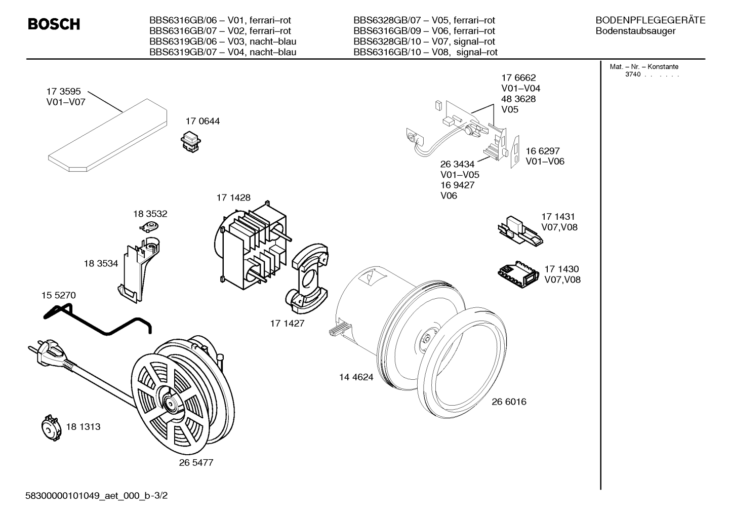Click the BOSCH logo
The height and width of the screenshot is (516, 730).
[54, 24]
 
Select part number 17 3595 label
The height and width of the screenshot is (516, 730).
[63, 91]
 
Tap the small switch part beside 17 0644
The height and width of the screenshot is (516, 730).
[191, 141]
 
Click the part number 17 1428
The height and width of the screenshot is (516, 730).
[233, 197]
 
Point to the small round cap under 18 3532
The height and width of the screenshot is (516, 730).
[149, 225]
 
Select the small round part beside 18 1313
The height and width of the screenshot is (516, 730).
[51, 428]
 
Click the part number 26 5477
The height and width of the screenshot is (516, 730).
[196, 462]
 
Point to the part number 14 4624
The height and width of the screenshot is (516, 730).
[356, 377]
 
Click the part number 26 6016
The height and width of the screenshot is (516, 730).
[509, 402]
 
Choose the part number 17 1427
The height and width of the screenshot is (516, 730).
[287, 324]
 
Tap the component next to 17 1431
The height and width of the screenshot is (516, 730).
[520, 231]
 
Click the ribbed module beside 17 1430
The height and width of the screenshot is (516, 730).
[518, 274]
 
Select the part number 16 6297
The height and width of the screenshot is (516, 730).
[543, 151]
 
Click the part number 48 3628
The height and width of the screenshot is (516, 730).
[518, 99]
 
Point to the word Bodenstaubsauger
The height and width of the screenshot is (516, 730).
[635, 31]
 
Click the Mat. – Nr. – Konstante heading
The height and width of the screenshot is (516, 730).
[644, 66]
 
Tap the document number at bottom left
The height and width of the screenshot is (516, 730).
[97, 496]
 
